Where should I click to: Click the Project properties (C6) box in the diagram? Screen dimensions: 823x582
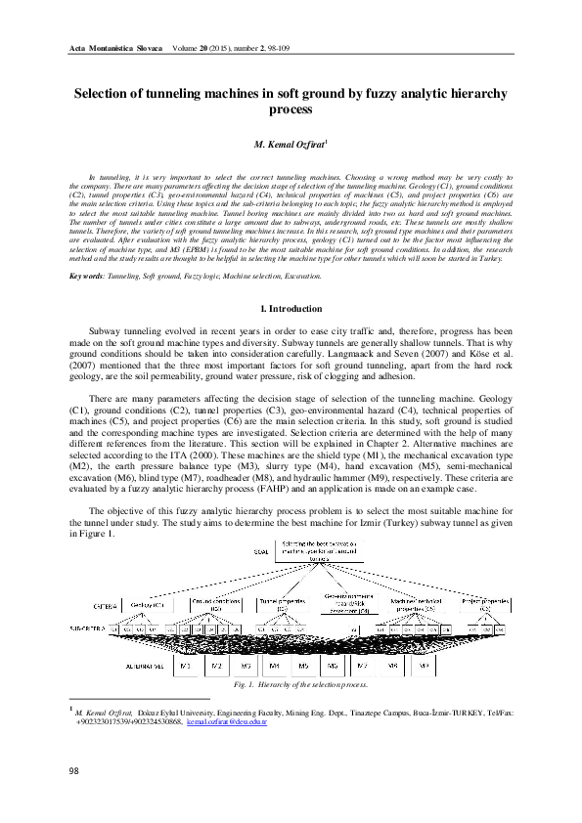tap(485, 606)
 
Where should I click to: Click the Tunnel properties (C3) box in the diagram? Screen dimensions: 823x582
tap(286, 606)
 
